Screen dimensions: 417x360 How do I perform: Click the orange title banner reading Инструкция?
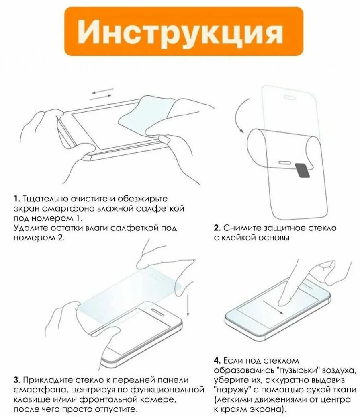pyautogui.click(x=184, y=31)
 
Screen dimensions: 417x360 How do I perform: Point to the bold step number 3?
pyautogui.click(x=16, y=380)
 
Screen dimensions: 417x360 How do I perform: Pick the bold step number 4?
pyautogui.click(x=217, y=361)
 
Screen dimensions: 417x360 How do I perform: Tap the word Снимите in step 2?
pyautogui.click(x=241, y=228)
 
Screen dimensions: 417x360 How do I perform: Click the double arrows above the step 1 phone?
pyautogui.click(x=102, y=94)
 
